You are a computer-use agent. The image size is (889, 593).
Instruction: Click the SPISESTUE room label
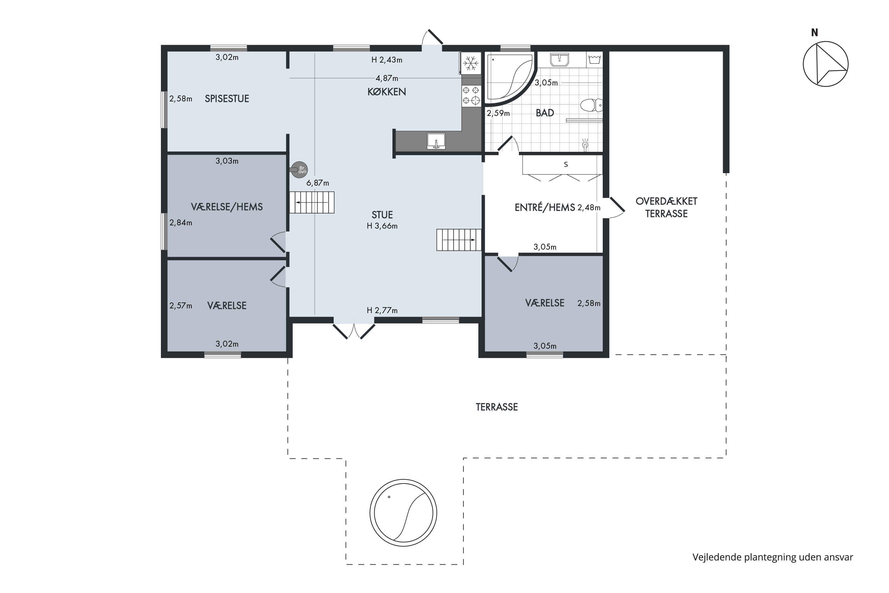227,99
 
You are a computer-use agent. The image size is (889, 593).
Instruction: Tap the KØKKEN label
387,92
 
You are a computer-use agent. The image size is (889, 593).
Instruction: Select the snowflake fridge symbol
471,63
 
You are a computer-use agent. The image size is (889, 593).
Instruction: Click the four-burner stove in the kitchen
471,95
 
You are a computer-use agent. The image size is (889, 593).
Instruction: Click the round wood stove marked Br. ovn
299,170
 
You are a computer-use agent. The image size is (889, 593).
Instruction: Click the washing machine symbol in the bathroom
594,59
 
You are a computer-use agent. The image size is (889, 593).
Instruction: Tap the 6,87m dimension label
317,183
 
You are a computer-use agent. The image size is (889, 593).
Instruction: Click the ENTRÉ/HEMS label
545,207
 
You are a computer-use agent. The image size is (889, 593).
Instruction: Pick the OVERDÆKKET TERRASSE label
666,207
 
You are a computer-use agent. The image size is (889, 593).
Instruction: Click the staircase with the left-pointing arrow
312,202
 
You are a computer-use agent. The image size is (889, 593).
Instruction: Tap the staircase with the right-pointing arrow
459,240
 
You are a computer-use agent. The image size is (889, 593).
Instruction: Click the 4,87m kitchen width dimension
387,78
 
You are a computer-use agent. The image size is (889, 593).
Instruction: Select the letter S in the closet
566,165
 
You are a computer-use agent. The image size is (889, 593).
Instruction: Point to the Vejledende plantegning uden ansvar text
773,557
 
